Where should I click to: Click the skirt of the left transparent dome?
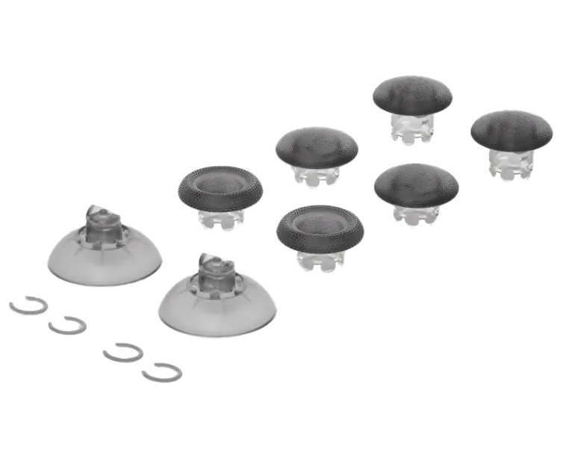[104, 262]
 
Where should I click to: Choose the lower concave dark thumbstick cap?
[320, 228]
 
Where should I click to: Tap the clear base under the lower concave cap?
[320, 259]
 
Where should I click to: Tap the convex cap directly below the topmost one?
[416, 184]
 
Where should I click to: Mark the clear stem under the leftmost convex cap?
[316, 176]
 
